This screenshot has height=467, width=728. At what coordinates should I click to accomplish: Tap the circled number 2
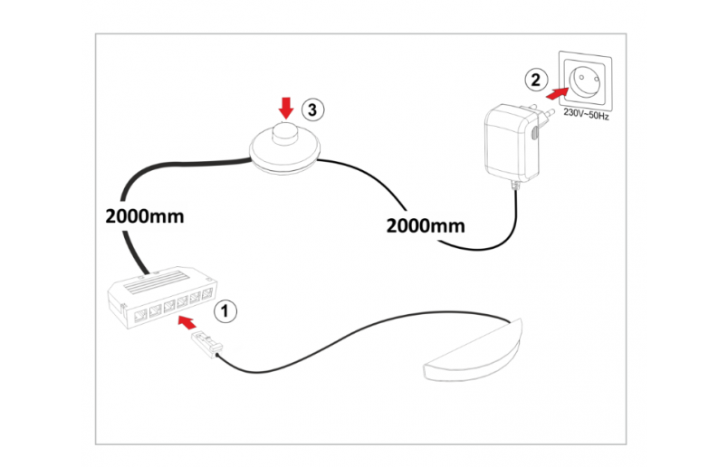(536, 80)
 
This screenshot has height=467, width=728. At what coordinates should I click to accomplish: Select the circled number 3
(311, 110)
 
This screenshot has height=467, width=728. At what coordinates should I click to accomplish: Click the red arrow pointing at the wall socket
(560, 91)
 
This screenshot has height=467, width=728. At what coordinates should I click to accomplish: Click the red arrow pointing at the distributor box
(187, 321)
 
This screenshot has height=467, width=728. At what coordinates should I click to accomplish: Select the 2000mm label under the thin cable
(425, 225)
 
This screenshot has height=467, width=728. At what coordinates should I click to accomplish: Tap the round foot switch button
(286, 133)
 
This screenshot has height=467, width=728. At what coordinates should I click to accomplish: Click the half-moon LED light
(474, 354)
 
